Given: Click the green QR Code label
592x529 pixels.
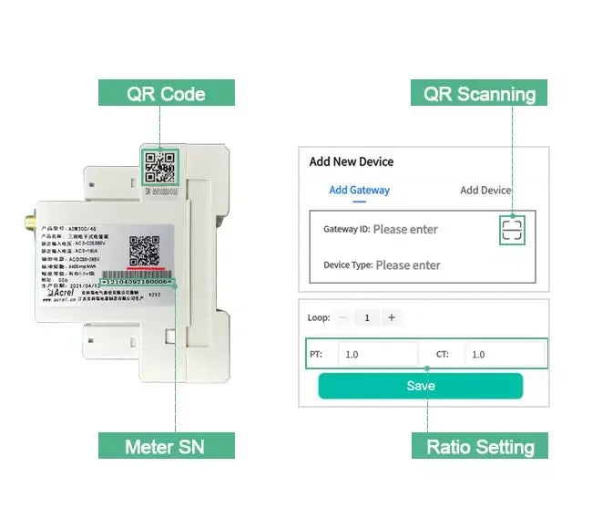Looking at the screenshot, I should click(x=167, y=93).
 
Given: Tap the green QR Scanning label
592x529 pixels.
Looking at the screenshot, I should click(x=480, y=93).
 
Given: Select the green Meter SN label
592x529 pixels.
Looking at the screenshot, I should click(x=167, y=446).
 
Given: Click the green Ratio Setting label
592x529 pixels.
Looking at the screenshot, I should click(x=480, y=446).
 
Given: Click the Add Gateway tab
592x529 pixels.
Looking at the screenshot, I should click(x=359, y=190).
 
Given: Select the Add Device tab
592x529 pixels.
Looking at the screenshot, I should click(x=485, y=190).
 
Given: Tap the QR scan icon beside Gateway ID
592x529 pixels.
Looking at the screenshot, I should click(x=513, y=229).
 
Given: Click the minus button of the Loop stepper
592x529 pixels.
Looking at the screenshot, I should click(x=342, y=317).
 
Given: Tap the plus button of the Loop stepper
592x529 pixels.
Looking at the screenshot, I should click(x=392, y=317).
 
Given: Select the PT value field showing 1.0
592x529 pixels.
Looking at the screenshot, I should click(x=377, y=355).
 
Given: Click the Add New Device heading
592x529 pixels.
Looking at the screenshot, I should click(x=352, y=161).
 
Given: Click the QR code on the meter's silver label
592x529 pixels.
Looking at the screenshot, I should click(x=145, y=250).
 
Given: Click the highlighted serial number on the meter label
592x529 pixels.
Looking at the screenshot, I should click(x=137, y=285).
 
